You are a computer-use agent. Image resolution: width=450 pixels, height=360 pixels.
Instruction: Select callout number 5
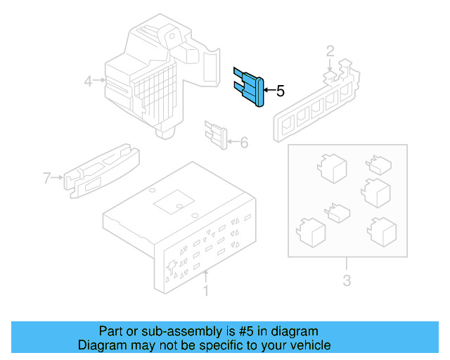click(280, 91)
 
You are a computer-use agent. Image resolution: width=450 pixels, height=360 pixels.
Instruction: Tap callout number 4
click(89, 82)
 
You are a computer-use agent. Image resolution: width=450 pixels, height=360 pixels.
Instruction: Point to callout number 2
click(329, 50)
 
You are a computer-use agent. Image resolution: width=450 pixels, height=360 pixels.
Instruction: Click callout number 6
click(244, 143)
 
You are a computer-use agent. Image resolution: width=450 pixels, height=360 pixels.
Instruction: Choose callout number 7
click(47, 178)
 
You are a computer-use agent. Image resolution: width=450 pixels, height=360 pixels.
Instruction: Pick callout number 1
click(205, 290)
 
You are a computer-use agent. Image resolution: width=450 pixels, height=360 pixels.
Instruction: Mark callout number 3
click(347, 283)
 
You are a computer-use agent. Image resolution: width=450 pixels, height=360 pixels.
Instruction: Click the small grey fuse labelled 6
click(217, 134)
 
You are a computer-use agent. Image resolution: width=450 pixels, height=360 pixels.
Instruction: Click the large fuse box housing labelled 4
click(151, 77)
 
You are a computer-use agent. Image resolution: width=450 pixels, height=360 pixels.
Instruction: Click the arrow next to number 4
click(101, 82)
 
